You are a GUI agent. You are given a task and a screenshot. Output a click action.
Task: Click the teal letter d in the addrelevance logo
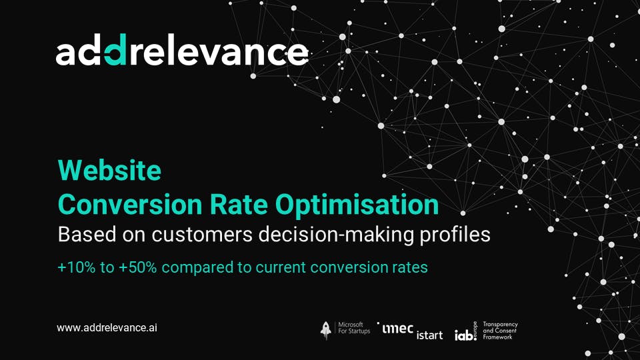click(x=115, y=50)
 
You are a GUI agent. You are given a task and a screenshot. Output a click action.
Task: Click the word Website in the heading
click(x=109, y=170)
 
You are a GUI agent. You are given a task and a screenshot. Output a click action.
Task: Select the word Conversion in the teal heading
click(x=130, y=204)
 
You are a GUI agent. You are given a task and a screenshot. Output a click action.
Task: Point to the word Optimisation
click(x=357, y=205)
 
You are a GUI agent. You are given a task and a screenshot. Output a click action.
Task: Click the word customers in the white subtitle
click(x=202, y=235)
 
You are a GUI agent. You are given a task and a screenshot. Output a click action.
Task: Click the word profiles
click(x=455, y=235)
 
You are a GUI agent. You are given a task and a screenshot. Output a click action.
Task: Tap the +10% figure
click(x=77, y=268)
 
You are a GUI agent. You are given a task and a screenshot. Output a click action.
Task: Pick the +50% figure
click(x=138, y=268)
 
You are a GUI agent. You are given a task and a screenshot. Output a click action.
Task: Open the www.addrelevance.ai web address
click(x=107, y=328)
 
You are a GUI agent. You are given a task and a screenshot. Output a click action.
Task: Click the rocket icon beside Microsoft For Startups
click(x=326, y=330)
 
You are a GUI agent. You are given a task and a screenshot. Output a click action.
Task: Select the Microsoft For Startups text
click(x=354, y=328)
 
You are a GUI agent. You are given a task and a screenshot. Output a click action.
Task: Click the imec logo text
click(x=397, y=328)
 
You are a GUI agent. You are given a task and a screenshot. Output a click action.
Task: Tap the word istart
click(x=429, y=335)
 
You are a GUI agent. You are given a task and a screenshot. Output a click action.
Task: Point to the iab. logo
click(x=466, y=332)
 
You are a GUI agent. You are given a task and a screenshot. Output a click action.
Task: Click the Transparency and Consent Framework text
click(x=500, y=331)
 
